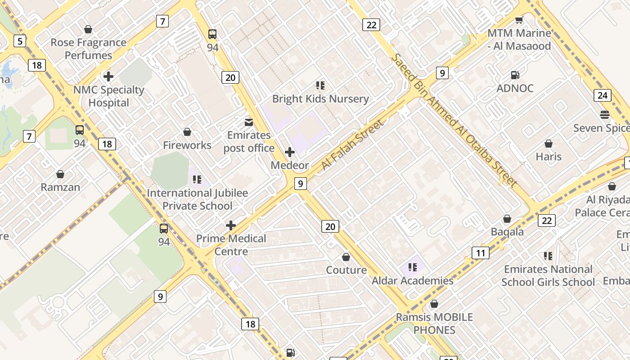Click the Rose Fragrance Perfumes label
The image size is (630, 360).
pos(88,49)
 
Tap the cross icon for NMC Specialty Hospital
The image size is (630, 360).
pos(108,76)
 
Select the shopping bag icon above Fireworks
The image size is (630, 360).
pos(187,132)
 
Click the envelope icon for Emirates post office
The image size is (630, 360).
pos(248,122)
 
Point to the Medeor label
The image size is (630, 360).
pos(290,165)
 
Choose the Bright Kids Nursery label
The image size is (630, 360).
pos(320,99)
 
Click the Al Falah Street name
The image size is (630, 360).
pos(353,145)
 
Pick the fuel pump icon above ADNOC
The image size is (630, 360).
pos(515,75)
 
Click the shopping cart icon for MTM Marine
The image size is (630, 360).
pos(519,20)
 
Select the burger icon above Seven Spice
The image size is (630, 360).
pos(604,115)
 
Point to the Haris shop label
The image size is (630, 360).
pos(549,157)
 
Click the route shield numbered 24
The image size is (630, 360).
pos(603,95)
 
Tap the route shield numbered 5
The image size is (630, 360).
pos(19,41)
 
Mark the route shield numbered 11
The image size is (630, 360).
pos(481,253)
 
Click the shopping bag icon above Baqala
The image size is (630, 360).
pos(507,219)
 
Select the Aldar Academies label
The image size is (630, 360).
pos(412,280)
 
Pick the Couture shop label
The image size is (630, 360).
pos(346,270)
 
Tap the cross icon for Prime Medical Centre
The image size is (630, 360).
pos(231,225)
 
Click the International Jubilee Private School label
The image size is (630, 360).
pos(198,199)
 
